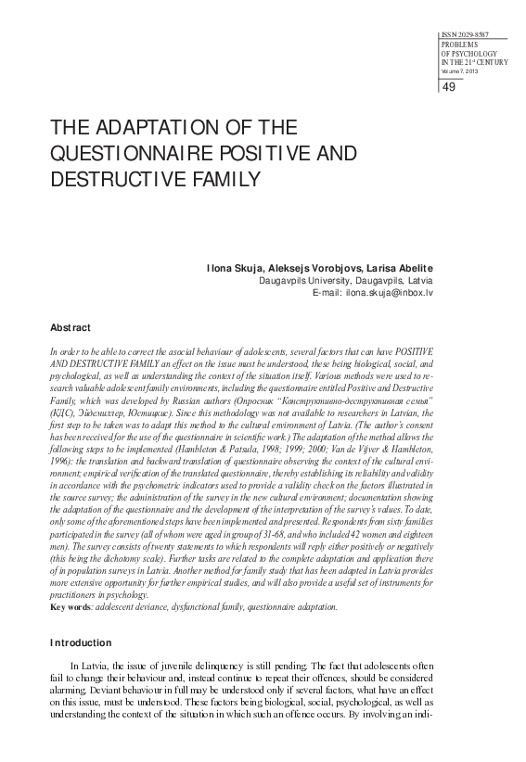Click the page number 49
449,87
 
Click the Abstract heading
71,328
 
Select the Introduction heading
80,642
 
